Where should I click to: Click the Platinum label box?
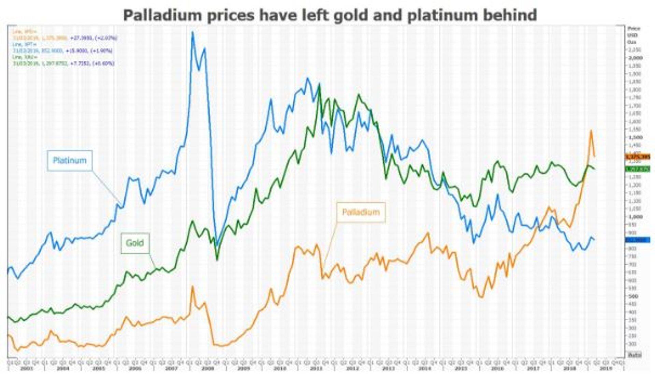pos(70,160)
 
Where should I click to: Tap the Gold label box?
pos(135,243)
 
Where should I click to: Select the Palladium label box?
pos(361,212)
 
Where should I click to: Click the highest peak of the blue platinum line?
pos(192,32)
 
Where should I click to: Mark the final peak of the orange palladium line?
pos(591,130)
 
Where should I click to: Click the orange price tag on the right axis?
pos(637,157)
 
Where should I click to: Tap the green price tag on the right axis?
pos(637,169)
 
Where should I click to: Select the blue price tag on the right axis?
pos(637,240)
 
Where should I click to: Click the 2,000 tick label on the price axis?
pos(635,58)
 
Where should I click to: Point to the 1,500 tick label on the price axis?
pos(635,137)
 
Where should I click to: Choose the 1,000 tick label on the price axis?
pos(635,217)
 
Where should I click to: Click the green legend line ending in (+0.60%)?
pos(63,63)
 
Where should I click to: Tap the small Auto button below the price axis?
pos(635,355)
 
